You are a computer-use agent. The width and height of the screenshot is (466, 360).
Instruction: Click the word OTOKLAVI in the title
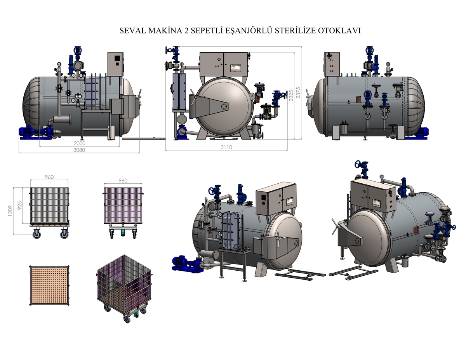pyautogui.click(x=339, y=31)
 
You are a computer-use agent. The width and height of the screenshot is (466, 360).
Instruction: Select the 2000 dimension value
pyautogui.click(x=79, y=143)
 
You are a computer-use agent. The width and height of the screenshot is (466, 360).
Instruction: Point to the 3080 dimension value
pyautogui.click(x=79, y=150)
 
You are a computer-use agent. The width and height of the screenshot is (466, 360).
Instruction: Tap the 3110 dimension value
pyautogui.click(x=226, y=147)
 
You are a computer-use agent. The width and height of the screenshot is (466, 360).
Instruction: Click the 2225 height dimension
pyautogui.click(x=291, y=96)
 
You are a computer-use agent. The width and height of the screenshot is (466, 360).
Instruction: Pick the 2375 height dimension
pyautogui.click(x=298, y=93)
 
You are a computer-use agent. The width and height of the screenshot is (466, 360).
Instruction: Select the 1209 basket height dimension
pyautogui.click(x=10, y=211)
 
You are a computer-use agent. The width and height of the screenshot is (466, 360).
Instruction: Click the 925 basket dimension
pyautogui.click(x=19, y=205)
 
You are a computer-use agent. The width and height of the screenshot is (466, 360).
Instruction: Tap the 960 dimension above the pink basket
pyautogui.click(x=123, y=181)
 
